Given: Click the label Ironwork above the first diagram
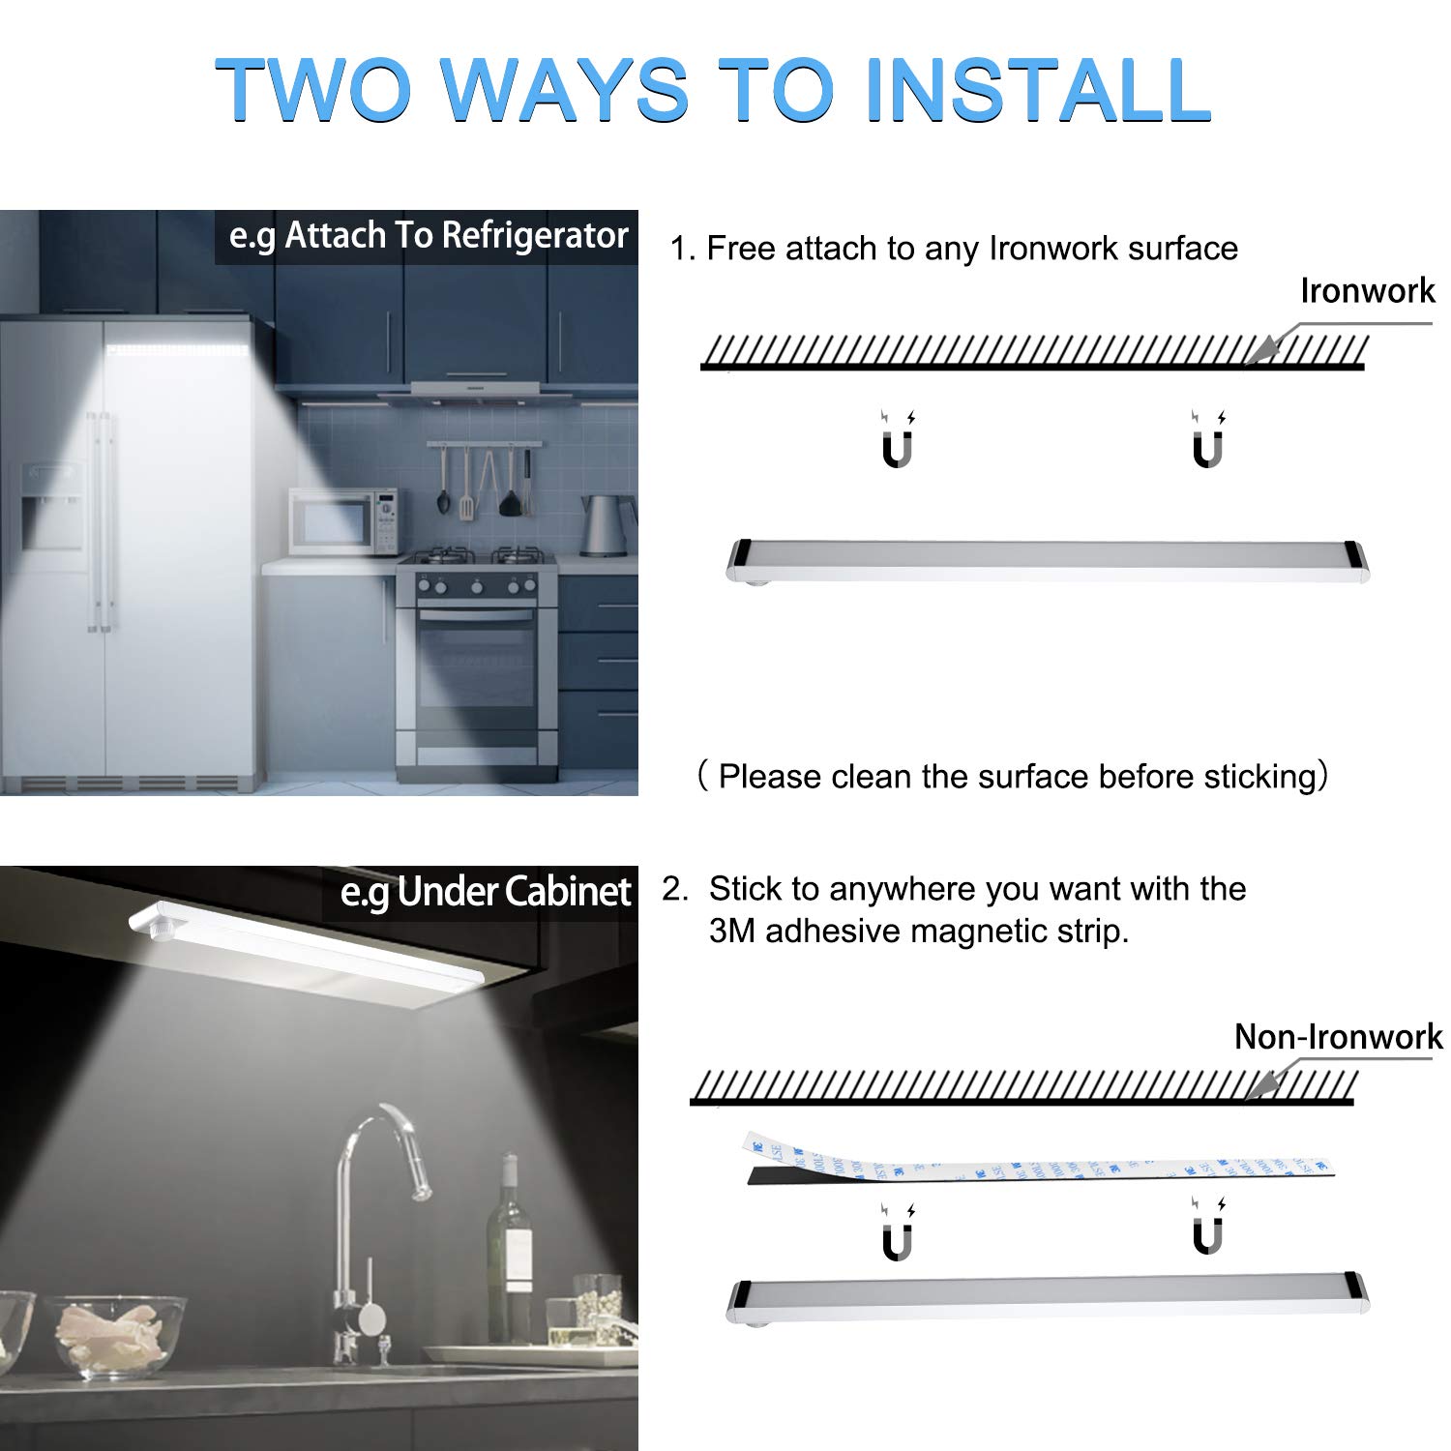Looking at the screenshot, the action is coord(1367,290).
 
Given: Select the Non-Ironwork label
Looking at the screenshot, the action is coord(1338,1037).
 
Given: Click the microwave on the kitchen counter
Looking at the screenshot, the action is coord(343,521).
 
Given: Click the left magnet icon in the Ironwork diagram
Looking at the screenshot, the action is coord(898,441).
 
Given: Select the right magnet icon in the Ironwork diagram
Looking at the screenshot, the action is coord(1208,441).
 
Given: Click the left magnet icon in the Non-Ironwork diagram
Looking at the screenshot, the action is coord(898,1232).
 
